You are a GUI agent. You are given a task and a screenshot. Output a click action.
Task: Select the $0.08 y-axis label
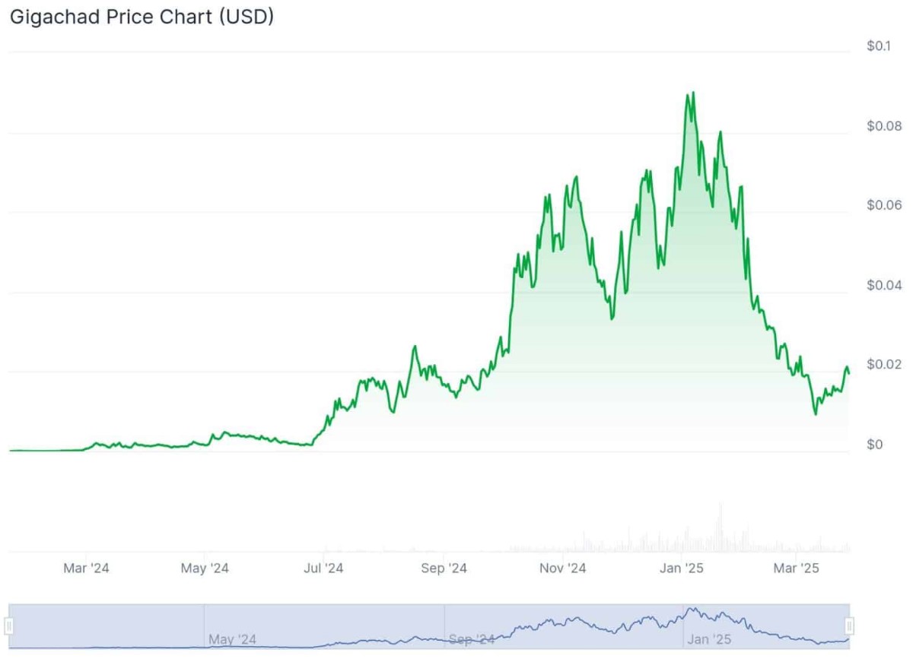(x=883, y=126)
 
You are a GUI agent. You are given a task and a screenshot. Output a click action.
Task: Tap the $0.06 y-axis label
(x=883, y=206)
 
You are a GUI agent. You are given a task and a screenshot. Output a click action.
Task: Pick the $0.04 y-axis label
(x=883, y=286)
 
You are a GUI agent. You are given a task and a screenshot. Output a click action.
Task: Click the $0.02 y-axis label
(x=883, y=365)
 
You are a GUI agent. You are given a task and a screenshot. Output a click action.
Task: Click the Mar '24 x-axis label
(x=86, y=568)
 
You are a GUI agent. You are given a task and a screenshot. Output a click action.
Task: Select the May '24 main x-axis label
(x=205, y=568)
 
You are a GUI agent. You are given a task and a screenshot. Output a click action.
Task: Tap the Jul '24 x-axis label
(x=324, y=568)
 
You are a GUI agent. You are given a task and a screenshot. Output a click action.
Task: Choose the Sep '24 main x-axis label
(x=444, y=568)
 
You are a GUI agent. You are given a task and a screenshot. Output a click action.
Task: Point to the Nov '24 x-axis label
(x=562, y=568)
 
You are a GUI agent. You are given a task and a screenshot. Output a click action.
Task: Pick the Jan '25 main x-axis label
(x=682, y=568)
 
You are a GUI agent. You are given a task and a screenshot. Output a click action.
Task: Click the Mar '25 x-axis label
(x=795, y=568)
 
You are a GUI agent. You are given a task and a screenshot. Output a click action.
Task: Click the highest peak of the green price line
(x=692, y=93)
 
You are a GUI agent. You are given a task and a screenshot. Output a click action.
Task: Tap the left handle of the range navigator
(x=9, y=626)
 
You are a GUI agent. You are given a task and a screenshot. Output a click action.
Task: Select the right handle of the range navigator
(x=850, y=626)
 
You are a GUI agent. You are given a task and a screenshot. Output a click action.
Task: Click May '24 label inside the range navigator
(x=234, y=640)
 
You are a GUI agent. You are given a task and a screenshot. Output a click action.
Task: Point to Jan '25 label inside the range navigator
(x=708, y=640)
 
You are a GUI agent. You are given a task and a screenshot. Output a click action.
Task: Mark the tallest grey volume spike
(x=720, y=505)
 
